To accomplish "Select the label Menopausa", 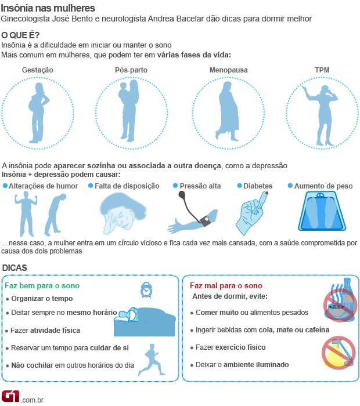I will click(x=229, y=70).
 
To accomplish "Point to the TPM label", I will click(x=322, y=70).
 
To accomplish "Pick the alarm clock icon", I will click(x=146, y=289).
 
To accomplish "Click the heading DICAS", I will click(x=15, y=267).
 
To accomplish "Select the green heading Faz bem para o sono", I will click(x=42, y=286).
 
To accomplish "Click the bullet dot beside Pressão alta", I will click(x=175, y=186).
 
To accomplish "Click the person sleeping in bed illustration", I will click(x=144, y=322).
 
